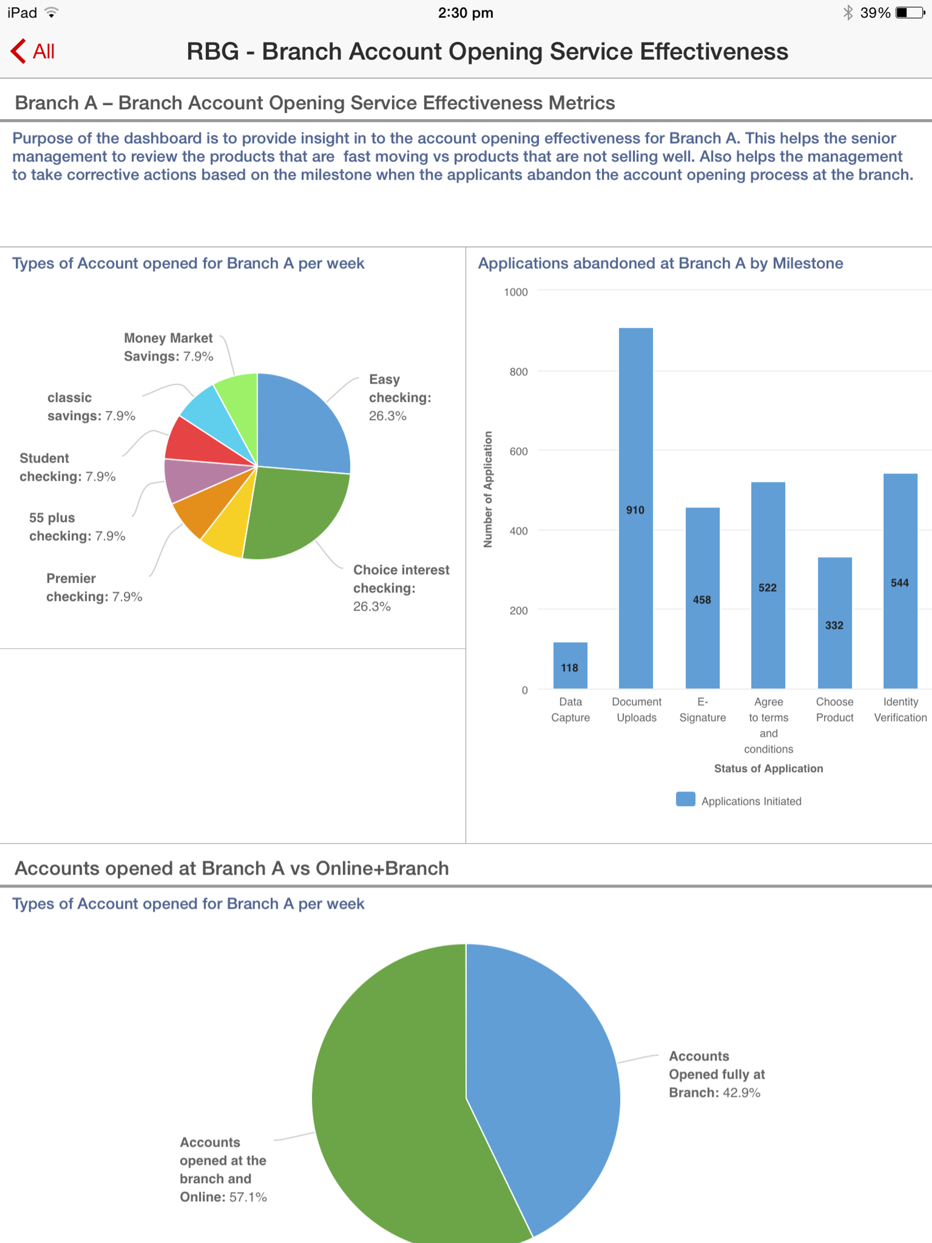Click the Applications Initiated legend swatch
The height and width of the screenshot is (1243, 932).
[685, 799]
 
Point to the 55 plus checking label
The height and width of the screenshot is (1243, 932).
[77, 527]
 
